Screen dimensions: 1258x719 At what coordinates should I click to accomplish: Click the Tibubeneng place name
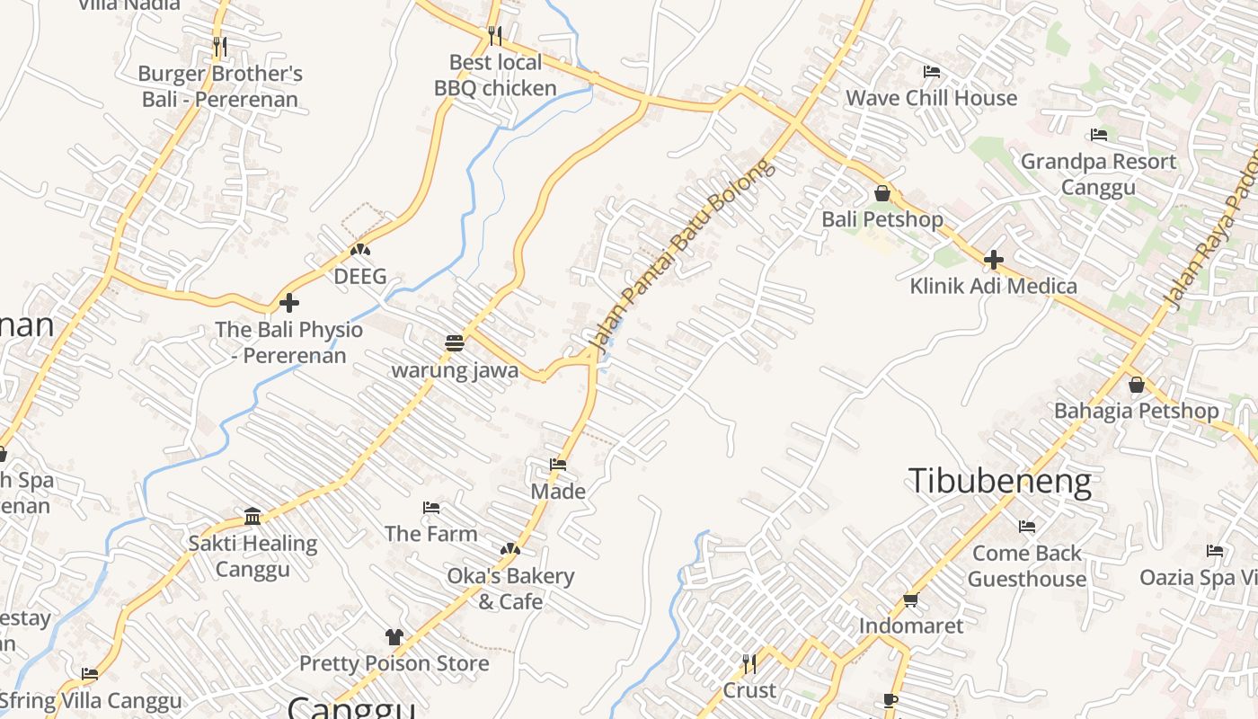click(x=999, y=481)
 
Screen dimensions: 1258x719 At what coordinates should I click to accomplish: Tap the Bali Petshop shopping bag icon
click(x=881, y=193)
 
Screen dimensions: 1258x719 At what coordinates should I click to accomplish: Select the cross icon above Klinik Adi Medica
click(x=993, y=260)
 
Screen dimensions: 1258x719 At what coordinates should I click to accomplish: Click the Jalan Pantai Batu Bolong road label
click(x=680, y=255)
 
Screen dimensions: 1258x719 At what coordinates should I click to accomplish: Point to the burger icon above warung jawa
click(x=455, y=343)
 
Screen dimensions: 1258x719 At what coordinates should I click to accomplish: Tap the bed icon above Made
click(x=558, y=465)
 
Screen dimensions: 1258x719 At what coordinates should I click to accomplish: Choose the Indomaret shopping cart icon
click(x=910, y=599)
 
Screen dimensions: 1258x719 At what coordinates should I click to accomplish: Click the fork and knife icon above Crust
click(x=749, y=664)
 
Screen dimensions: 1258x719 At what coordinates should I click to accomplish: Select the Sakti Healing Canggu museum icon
click(x=252, y=516)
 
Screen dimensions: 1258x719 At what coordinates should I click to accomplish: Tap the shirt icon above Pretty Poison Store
click(x=394, y=637)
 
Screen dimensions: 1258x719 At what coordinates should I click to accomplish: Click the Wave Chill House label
click(x=932, y=98)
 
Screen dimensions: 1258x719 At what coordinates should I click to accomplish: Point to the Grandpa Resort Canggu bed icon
click(x=1098, y=136)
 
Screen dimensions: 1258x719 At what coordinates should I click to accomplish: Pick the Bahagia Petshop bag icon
click(x=1136, y=385)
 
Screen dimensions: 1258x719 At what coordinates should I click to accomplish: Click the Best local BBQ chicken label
click(x=495, y=75)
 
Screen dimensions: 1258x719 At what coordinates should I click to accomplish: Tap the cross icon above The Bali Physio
click(x=288, y=303)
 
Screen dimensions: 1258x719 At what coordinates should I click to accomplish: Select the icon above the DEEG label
click(x=360, y=249)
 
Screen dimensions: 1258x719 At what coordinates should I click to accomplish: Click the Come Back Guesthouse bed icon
click(x=1027, y=526)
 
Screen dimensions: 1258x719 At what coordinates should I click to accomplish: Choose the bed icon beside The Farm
click(x=431, y=508)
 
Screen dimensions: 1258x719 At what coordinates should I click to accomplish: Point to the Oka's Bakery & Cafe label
click(x=510, y=588)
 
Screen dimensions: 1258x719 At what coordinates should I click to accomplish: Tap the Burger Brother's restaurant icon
click(x=219, y=45)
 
